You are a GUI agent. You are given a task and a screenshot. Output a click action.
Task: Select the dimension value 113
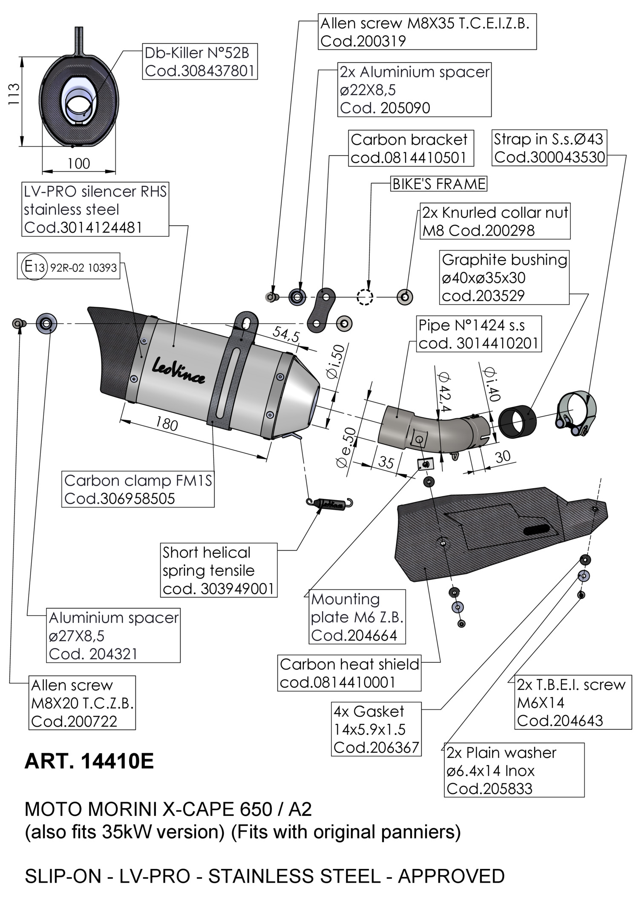[x=14, y=94]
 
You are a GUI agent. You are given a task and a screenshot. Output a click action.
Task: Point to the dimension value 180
[x=166, y=423]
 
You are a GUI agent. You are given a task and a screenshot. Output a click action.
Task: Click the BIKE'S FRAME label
[x=439, y=184]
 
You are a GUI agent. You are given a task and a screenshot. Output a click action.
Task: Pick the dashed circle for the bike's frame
[x=365, y=297]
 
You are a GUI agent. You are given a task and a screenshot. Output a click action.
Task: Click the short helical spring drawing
[x=330, y=504]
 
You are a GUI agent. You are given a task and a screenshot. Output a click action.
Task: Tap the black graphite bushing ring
[x=517, y=422]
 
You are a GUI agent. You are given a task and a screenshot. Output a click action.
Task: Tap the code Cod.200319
[x=363, y=41]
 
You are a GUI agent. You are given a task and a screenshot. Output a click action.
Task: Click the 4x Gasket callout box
[x=376, y=729]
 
